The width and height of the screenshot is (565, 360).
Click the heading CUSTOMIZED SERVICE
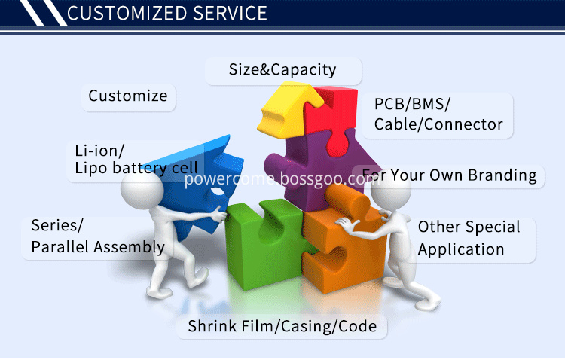[166, 13]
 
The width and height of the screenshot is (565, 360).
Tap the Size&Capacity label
[282, 69]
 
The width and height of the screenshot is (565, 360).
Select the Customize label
[128, 96]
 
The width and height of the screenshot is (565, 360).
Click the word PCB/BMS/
[412, 104]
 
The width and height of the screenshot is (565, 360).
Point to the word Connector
[463, 124]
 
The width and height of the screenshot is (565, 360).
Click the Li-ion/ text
[99, 151]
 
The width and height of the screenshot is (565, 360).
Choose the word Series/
[57, 225]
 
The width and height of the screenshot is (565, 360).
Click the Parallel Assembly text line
[98, 247]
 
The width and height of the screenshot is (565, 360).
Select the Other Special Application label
[469, 238]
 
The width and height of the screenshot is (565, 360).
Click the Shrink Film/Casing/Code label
[282, 326]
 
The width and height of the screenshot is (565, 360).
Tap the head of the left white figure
[142, 189]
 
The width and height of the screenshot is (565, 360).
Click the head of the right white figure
[391, 189]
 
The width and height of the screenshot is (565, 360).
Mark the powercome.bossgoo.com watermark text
[282, 179]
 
